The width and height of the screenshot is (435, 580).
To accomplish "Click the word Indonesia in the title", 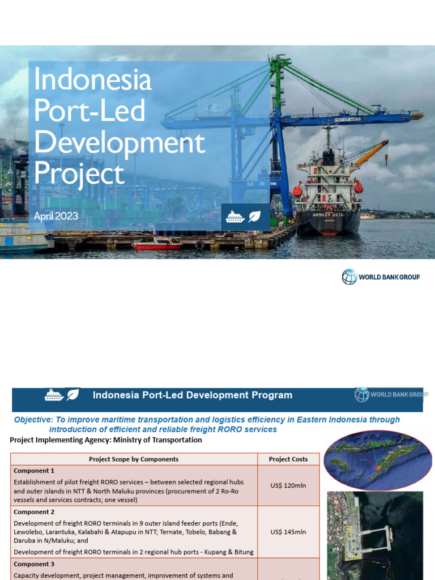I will point(93,80).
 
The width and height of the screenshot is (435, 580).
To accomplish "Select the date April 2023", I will point(56,216).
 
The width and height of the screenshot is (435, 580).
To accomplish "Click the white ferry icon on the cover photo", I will point(234,216).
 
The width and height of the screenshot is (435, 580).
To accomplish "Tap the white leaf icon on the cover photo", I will point(255,216).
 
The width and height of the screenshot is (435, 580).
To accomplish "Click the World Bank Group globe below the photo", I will point(349,277).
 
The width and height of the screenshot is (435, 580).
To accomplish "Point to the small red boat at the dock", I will point(157,244).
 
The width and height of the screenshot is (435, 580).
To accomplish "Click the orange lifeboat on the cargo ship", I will point(358,186).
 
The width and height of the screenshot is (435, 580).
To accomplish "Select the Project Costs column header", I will point(288,459).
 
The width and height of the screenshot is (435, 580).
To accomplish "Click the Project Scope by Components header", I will point(134,459).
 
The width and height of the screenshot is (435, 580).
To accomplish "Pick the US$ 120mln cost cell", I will point(288,485).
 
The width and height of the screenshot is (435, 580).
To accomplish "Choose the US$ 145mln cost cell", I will point(288,532).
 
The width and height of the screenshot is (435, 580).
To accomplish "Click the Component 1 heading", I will point(35,471).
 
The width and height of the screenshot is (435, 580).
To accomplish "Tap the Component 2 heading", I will point(35,511).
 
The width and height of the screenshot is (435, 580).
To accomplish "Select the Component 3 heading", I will point(35,564).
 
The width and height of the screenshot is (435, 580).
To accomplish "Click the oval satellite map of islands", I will point(374,459).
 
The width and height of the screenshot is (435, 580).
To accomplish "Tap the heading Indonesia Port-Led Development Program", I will point(193,395).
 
